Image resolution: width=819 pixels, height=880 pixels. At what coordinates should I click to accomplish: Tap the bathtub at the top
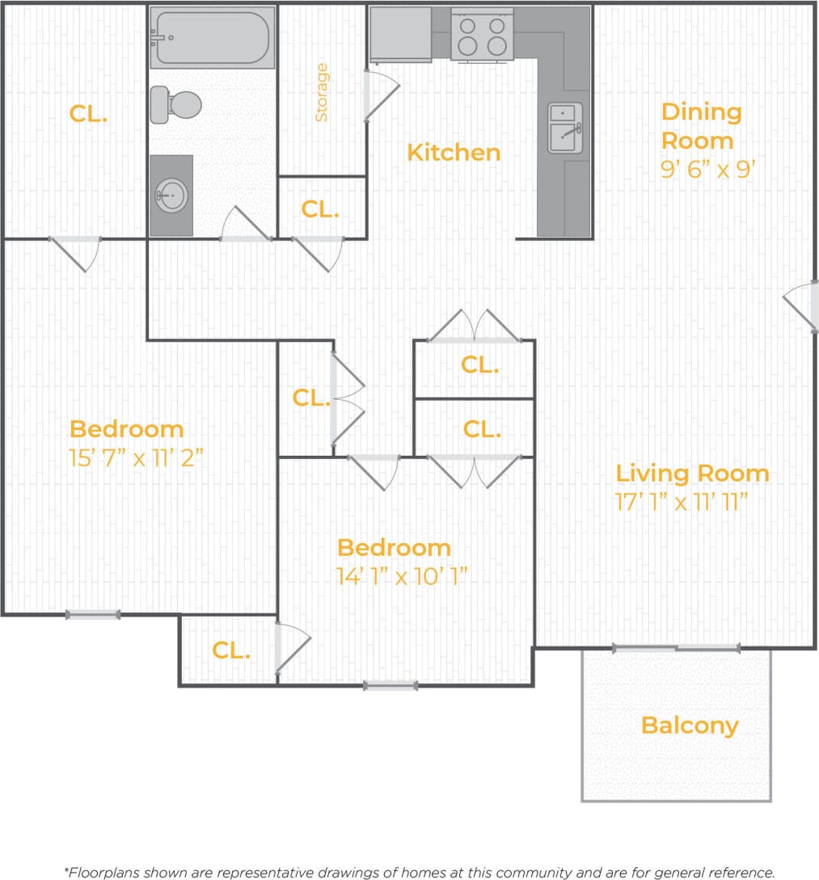213,37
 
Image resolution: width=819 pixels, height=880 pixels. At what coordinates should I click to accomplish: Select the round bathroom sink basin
171,195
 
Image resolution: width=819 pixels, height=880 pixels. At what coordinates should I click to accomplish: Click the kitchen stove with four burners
482,35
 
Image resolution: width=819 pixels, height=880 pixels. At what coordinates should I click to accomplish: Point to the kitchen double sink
564,128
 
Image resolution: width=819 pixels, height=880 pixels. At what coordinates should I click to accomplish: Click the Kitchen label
454,152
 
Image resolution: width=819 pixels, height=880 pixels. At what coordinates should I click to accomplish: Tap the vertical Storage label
322,92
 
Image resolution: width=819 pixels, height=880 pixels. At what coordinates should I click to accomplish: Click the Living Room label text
692,473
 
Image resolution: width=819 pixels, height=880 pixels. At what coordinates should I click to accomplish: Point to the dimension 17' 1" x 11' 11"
679,502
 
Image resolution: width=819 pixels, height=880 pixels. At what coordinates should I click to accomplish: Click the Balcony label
690,725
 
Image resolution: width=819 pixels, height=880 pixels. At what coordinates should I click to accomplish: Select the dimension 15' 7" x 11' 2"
135,458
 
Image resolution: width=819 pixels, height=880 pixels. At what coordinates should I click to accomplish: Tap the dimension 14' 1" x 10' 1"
403,576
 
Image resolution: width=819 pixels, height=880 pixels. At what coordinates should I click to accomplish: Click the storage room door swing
382,95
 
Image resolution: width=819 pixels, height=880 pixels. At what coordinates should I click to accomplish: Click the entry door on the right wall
801,306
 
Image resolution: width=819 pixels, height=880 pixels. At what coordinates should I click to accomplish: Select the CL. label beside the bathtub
88,114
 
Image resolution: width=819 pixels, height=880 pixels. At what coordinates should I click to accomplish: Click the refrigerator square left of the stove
400,34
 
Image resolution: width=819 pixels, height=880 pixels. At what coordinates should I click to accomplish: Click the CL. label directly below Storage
319,209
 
